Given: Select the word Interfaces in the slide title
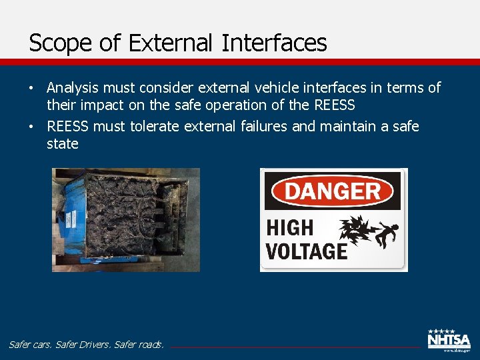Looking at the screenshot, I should (x=274, y=43).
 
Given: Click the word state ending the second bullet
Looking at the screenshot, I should (x=63, y=144).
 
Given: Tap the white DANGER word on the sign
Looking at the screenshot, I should (x=333, y=192).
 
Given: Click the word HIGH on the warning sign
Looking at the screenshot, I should (x=290, y=228).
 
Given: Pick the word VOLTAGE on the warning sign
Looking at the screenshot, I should (x=307, y=251).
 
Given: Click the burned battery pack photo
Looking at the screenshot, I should (x=126, y=219).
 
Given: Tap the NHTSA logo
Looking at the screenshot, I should (x=448, y=341).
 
